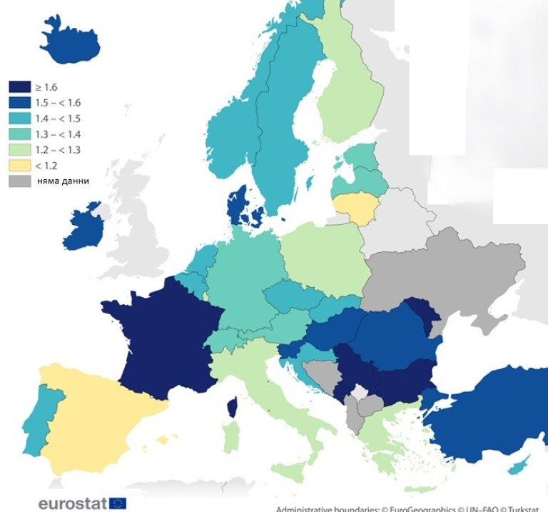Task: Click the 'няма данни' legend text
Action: pyautogui.click(x=64, y=181)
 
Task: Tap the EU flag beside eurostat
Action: pyautogui.click(x=118, y=503)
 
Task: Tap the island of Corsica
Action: pyautogui.click(x=232, y=408)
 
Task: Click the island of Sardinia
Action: pyautogui.click(x=230, y=435)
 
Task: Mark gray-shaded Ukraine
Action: pyautogui.click(x=442, y=271)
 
